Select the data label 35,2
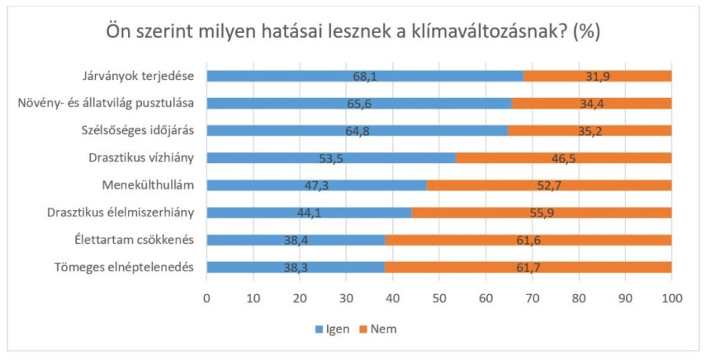(x=590, y=131)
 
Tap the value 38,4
(x=298, y=240)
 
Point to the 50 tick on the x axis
(x=439, y=298)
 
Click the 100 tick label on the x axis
(x=671, y=298)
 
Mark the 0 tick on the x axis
(x=206, y=298)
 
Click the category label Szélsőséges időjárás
(x=139, y=131)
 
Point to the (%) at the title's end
(x=587, y=33)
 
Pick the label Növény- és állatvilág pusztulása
(x=111, y=104)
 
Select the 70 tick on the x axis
(x=532, y=298)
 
